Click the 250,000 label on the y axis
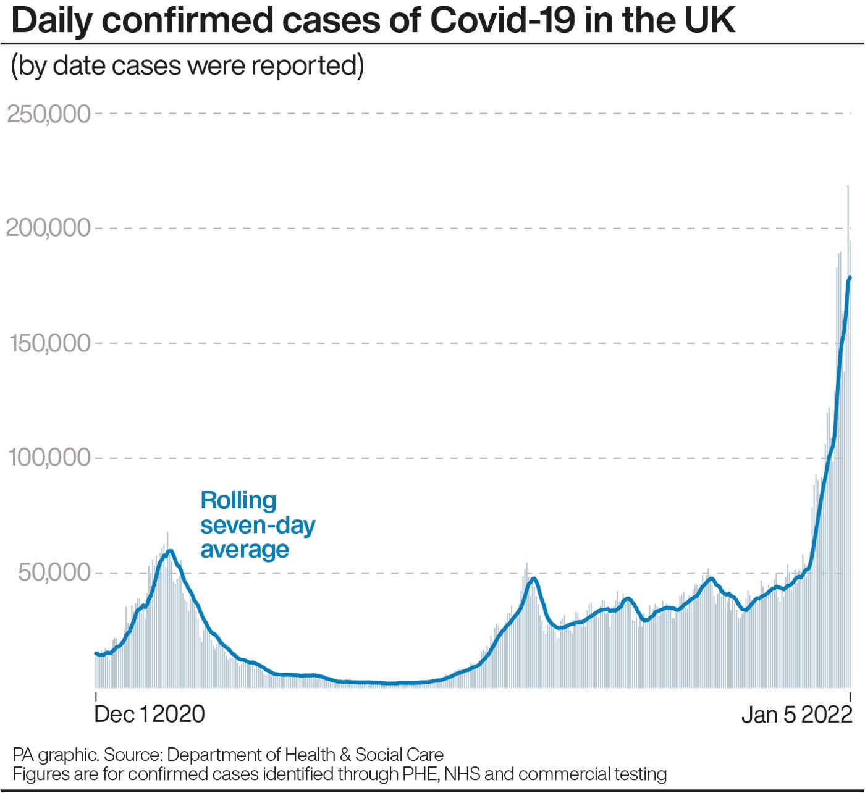pos(48,114)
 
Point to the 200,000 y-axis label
pos(48,228)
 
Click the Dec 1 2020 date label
pos(150,714)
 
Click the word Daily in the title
pos(51,21)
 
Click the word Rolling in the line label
pos(238,500)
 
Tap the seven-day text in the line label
pos(258,525)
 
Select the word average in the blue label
pos(245,549)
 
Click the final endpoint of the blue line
pos(850,278)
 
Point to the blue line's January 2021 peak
pos(169,551)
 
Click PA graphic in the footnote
pos(54,755)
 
